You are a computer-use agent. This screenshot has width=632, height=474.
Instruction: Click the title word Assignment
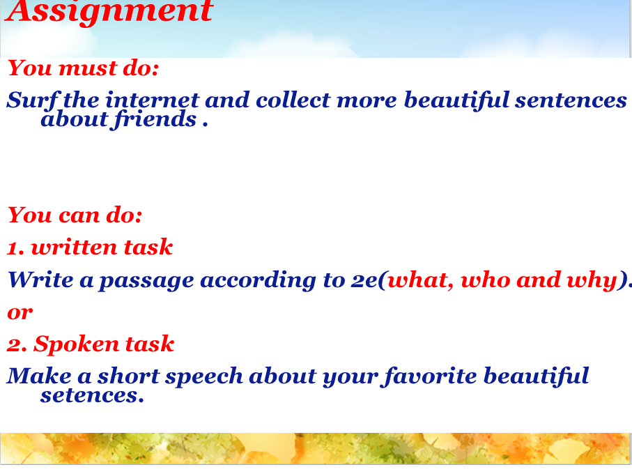(109, 11)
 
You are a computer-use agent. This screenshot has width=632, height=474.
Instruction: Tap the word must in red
(88, 68)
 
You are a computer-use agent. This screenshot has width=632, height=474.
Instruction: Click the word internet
(153, 100)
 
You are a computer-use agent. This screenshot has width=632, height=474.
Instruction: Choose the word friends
(155, 120)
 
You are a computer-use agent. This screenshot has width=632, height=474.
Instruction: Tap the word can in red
(79, 215)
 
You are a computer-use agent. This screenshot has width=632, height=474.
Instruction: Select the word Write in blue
(40, 280)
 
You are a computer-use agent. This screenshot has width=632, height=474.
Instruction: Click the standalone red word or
(20, 312)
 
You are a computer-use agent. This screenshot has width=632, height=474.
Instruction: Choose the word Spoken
(76, 344)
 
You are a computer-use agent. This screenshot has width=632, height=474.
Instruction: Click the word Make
(39, 376)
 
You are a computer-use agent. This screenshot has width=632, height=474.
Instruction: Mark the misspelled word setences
(92, 396)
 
